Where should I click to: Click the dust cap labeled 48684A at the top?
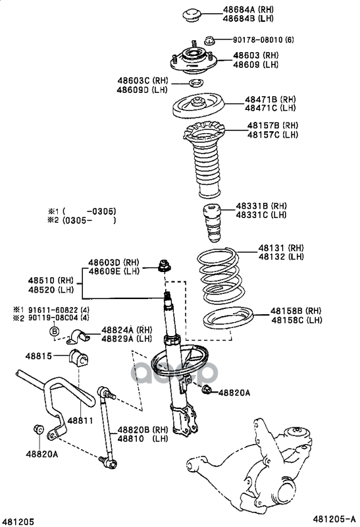click(192, 15)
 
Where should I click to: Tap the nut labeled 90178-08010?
click(209, 40)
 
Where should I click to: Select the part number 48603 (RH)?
click(256, 55)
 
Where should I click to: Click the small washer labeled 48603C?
click(195, 83)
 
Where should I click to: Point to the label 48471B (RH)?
click(270, 99)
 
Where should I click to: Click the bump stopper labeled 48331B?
click(212, 223)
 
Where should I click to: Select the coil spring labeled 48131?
click(219, 275)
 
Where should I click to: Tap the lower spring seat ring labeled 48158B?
click(228, 318)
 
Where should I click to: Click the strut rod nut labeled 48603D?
click(165, 266)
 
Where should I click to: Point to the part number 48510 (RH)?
click(51, 281)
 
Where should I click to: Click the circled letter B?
click(54, 331)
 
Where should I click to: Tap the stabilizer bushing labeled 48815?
click(78, 358)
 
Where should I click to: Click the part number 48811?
click(80, 420)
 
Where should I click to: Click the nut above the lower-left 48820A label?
click(38, 430)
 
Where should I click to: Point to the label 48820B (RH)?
click(142, 430)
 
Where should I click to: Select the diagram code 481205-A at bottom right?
click(334, 519)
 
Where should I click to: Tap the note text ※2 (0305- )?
click(82, 221)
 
